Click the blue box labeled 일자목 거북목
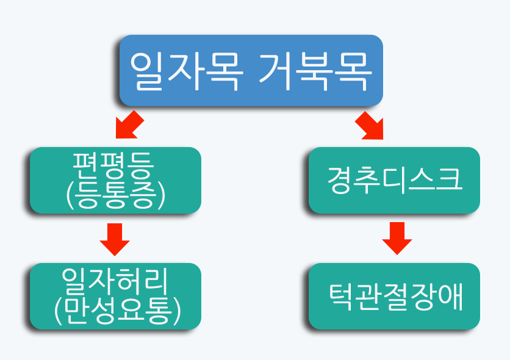[251, 71]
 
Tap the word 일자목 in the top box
[187, 71]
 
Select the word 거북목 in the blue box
[315, 71]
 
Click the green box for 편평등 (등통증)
[115, 180]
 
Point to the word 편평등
[112, 165]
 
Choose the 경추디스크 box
[394, 180]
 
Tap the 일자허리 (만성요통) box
[115, 297]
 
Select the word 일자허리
[115, 281]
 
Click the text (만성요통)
[117, 311]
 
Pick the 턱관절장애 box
[394, 297]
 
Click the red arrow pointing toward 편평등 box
[130, 124]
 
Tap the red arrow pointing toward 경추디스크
[369, 126]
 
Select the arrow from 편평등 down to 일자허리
[115, 239]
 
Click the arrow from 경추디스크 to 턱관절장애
[397, 239]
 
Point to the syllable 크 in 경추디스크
[449, 179]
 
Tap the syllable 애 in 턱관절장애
[450, 297]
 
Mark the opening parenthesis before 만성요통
[58, 311]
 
